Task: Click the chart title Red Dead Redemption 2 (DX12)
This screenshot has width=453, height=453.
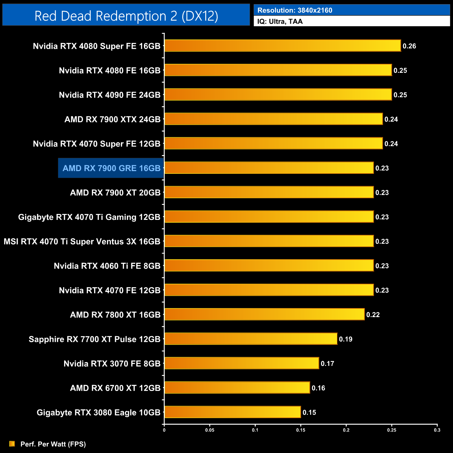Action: pos(126,16)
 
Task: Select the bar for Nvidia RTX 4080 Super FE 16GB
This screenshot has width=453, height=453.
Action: pos(283,46)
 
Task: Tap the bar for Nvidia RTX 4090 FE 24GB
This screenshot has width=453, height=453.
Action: pos(278,94)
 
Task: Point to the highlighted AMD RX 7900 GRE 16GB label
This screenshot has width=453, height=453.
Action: pos(111,168)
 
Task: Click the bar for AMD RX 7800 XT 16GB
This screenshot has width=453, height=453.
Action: pos(264,314)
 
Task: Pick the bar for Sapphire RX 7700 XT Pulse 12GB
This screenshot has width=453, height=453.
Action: pos(251,339)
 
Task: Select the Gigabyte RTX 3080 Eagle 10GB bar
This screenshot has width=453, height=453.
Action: pos(232,412)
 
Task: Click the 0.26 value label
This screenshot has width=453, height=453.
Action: pos(409,46)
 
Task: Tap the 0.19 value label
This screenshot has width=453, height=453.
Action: pos(346,339)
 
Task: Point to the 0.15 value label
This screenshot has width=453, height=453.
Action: pos(309,413)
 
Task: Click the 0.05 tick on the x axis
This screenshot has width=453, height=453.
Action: pos(210,430)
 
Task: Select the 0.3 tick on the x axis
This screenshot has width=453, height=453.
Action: pos(437,430)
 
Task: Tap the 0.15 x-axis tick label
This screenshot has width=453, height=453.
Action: pos(301,430)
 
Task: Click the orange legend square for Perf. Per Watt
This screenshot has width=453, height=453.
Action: pos(12,444)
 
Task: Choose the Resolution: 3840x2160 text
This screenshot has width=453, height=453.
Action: pos(295,10)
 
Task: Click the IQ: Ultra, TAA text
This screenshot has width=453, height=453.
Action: pos(280,21)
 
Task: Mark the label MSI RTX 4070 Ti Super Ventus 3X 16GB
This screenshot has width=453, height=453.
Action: pos(82,241)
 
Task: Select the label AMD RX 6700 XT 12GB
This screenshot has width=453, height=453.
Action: pos(115,388)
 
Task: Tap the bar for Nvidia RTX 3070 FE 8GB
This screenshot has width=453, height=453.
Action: pos(241,363)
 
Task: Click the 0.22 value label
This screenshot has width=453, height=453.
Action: pos(373,315)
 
